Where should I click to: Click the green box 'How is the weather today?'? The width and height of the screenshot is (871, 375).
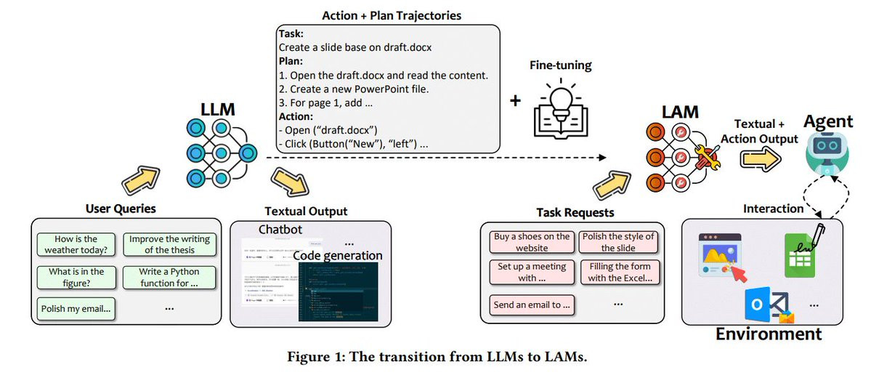click(76, 244)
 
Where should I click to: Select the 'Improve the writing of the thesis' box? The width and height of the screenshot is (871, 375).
click(166, 244)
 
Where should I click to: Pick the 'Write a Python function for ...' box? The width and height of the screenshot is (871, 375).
click(166, 278)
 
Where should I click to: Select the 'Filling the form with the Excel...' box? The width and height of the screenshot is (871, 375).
click(620, 272)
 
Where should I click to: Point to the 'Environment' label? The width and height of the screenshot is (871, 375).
click(769, 334)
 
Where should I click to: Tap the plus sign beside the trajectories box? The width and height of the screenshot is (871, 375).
click(515, 100)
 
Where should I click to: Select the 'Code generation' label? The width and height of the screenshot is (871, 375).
click(337, 255)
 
